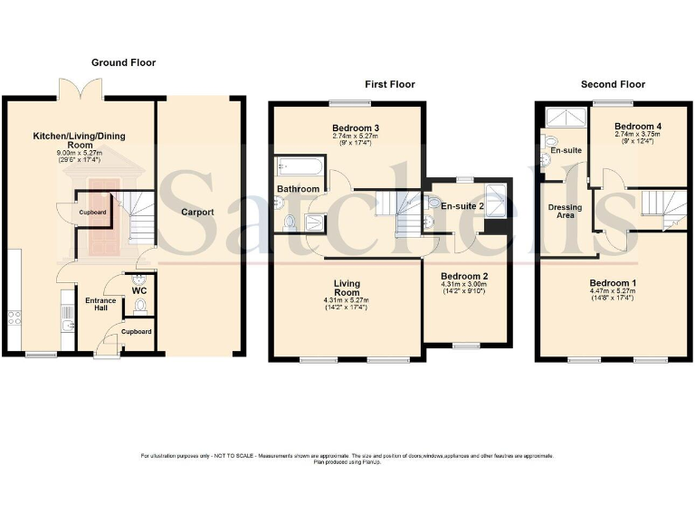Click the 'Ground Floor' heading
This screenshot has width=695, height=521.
(123, 62)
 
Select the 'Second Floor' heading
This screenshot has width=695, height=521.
(613, 84)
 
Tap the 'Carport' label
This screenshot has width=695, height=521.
(196, 212)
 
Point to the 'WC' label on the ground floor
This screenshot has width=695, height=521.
(138, 290)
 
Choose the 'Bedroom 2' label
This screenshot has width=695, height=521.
(464, 276)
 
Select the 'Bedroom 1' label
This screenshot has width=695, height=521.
(613, 283)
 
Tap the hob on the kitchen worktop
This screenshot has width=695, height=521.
(15, 317)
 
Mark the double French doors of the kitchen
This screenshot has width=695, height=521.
(78, 90)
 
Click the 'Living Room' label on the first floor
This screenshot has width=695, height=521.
(346, 287)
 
